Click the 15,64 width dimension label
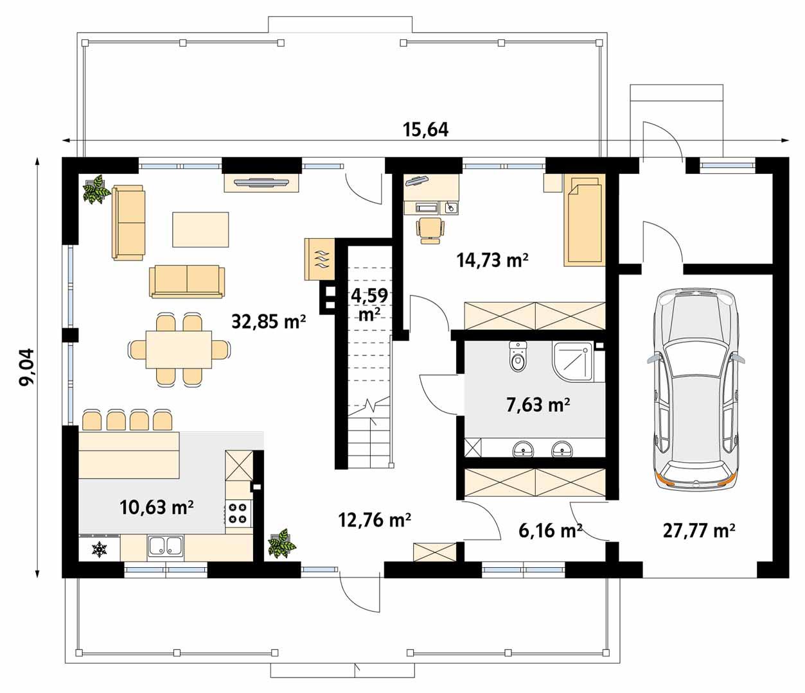(425, 129)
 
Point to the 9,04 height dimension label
(27, 367)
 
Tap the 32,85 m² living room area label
(269, 321)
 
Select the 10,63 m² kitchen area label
(157, 508)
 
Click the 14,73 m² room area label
(492, 260)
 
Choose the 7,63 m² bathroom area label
(538, 404)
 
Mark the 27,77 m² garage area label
(699, 531)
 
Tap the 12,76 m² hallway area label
(375, 520)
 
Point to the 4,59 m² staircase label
(368, 305)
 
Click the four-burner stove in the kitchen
(238, 513)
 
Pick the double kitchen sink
(166, 545)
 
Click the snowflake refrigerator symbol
(99, 549)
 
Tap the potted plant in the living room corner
(96, 189)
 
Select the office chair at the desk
(430, 230)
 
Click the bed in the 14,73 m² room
(583, 219)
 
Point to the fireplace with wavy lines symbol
(320, 259)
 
